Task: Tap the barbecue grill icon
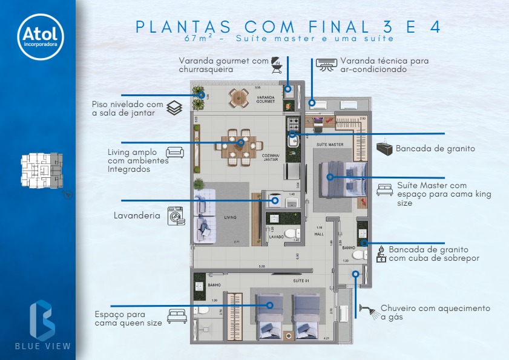click(x=276, y=64)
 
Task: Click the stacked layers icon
click(x=174, y=108)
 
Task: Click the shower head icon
click(x=369, y=312)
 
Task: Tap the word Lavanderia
click(x=137, y=215)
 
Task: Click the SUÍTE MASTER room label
click(x=330, y=145)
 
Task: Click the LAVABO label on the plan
click(x=277, y=237)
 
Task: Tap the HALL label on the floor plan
click(x=320, y=234)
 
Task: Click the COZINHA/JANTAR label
click(x=271, y=157)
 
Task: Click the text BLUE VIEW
click(x=43, y=347)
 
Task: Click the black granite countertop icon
click(x=385, y=148)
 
